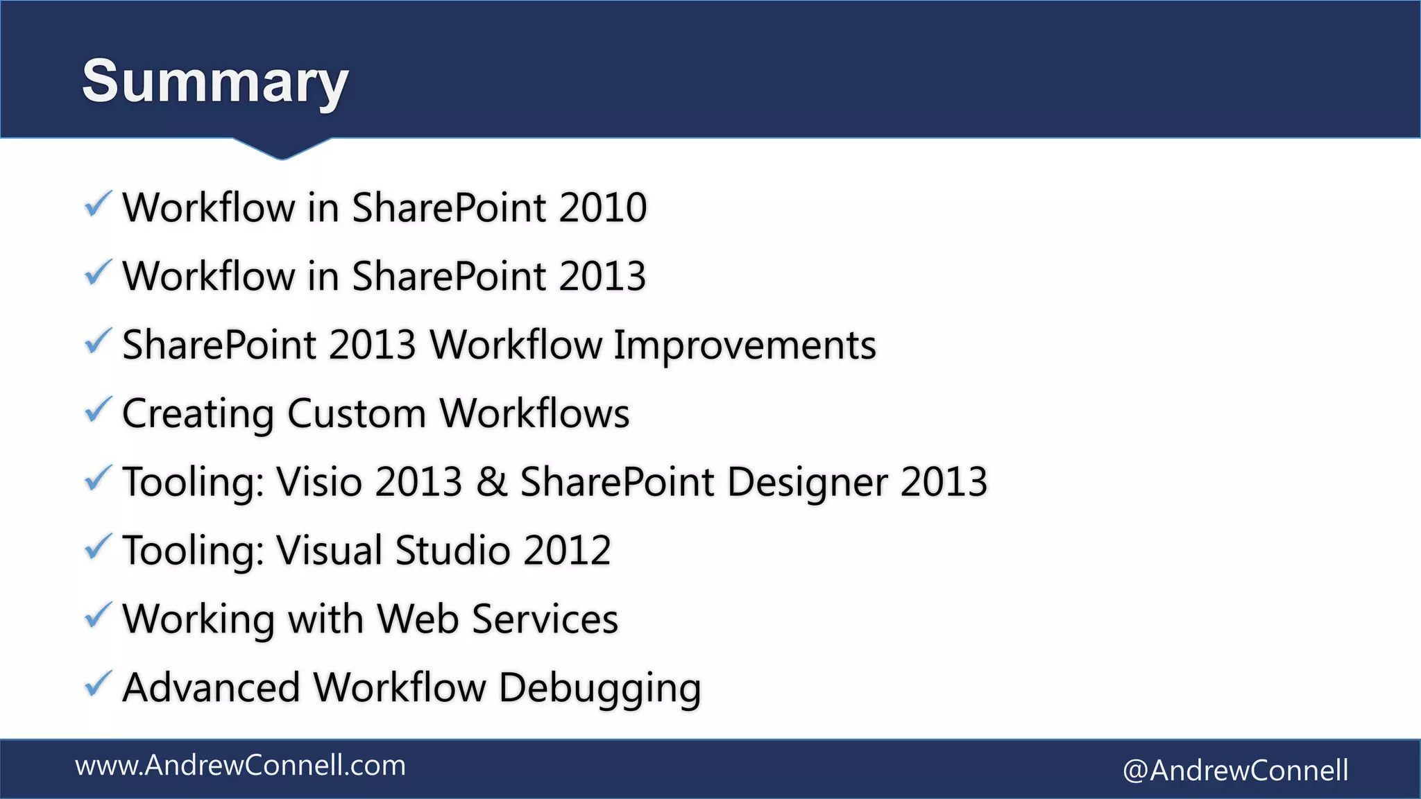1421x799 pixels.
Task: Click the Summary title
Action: pyautogui.click(x=214, y=81)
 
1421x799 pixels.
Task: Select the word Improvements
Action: pyautogui.click(x=744, y=345)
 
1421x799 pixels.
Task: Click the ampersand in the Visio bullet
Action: pyautogui.click(x=491, y=481)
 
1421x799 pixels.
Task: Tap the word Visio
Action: pyautogui.click(x=319, y=481)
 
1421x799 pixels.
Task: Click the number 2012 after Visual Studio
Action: pyautogui.click(x=567, y=550)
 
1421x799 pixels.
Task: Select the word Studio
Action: pyautogui.click(x=452, y=550)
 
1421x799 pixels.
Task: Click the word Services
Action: pyautogui.click(x=545, y=619)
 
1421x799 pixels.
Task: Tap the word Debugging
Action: pyautogui.click(x=599, y=689)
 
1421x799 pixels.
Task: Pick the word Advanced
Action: pyautogui.click(x=211, y=687)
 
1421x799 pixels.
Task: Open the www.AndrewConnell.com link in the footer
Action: pyautogui.click(x=240, y=766)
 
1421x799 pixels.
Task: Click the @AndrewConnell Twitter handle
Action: pyautogui.click(x=1235, y=771)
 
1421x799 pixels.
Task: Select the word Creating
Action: pyautogui.click(x=198, y=415)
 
